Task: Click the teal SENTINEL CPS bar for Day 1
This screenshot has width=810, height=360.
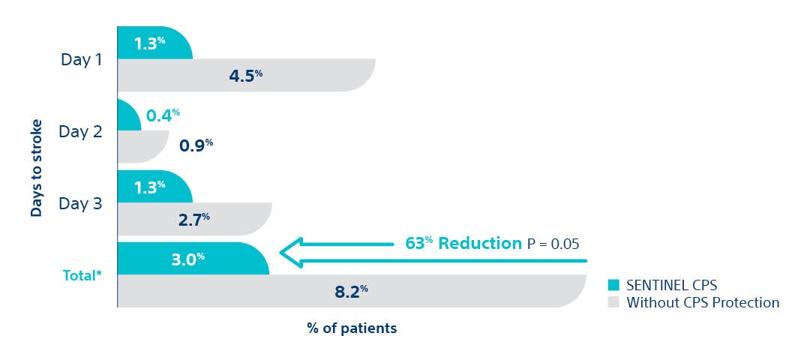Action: pyautogui.click(x=154, y=43)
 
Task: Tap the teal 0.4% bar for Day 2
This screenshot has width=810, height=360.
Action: pyautogui.click(x=128, y=115)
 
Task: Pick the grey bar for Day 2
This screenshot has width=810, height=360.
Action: pyautogui.click(x=142, y=147)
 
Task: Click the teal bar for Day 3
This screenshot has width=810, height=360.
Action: pyautogui.click(x=154, y=187)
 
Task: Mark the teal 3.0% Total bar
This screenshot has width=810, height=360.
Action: pyautogui.click(x=192, y=258)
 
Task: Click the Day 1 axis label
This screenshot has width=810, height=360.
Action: pyautogui.click(x=82, y=59)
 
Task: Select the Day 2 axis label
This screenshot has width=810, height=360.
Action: pyautogui.click(x=82, y=131)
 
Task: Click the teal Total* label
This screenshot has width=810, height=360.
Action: pyautogui.click(x=81, y=275)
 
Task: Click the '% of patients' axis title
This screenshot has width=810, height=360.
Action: pyautogui.click(x=351, y=328)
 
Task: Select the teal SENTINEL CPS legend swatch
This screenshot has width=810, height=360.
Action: pyautogui.click(x=613, y=285)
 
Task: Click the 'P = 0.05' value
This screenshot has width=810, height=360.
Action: pyautogui.click(x=553, y=244)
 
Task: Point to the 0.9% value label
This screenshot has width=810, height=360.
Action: pyautogui.click(x=196, y=143)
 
